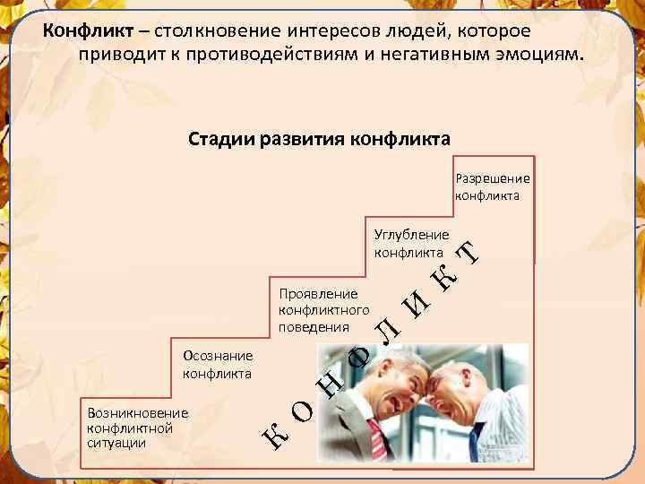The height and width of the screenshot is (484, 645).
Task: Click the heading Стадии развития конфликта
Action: point(320,140)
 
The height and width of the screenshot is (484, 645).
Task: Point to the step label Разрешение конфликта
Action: point(492,186)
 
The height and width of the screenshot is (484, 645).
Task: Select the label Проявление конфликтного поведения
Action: point(318,309)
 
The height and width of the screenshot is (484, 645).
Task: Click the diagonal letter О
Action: point(303,413)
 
